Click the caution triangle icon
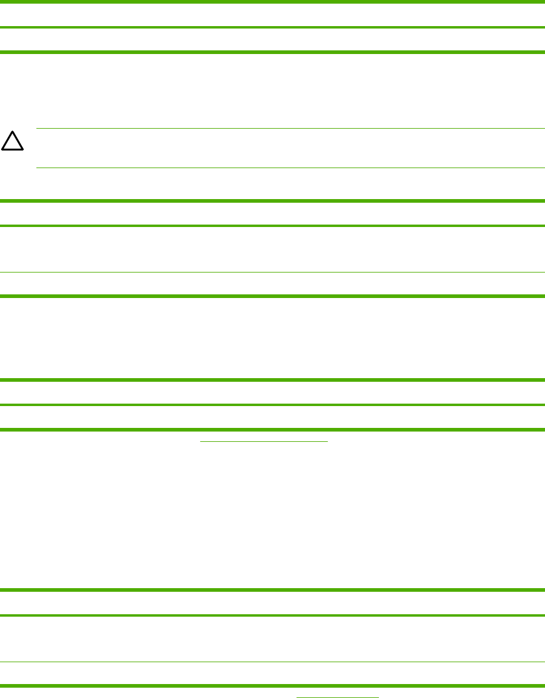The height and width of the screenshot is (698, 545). click(x=12, y=141)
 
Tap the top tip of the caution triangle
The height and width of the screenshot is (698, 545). click(x=12, y=131)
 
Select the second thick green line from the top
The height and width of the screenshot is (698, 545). click(x=272, y=27)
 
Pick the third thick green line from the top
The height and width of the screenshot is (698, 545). click(x=272, y=52)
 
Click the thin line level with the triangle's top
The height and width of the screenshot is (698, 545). click(x=290, y=128)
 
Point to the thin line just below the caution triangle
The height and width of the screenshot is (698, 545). click(x=290, y=168)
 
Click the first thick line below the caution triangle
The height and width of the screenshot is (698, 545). click(x=272, y=200)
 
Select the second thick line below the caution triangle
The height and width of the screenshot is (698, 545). click(x=272, y=226)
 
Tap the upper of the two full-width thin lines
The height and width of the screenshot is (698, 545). click(x=272, y=272)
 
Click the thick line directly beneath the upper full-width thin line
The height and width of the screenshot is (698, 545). click(x=272, y=296)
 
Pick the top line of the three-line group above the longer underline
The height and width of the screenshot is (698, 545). click(x=272, y=380)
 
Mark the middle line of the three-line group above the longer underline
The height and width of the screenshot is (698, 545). click(x=272, y=404)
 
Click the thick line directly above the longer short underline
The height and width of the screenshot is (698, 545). click(x=272, y=429)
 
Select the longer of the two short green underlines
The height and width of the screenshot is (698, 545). click(x=264, y=441)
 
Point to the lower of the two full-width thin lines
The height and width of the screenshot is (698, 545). click(x=272, y=662)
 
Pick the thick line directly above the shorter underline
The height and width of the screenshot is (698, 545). click(x=272, y=686)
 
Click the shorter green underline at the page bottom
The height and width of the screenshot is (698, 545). click(x=337, y=697)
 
